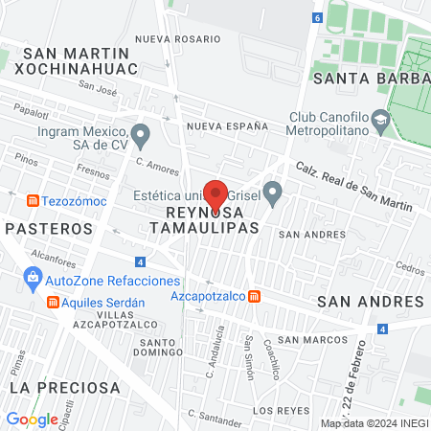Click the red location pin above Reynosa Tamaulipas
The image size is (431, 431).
click(215, 194)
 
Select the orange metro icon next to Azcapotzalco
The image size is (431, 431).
click(254, 297)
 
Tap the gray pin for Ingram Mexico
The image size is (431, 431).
click(141, 135)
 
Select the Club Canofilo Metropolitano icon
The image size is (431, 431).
click(381, 121)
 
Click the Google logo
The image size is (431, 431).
click(32, 419)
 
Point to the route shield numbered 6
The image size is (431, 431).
click(318, 17)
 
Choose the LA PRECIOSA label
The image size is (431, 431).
click(65, 388)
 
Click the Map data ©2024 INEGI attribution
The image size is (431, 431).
click(373, 422)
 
